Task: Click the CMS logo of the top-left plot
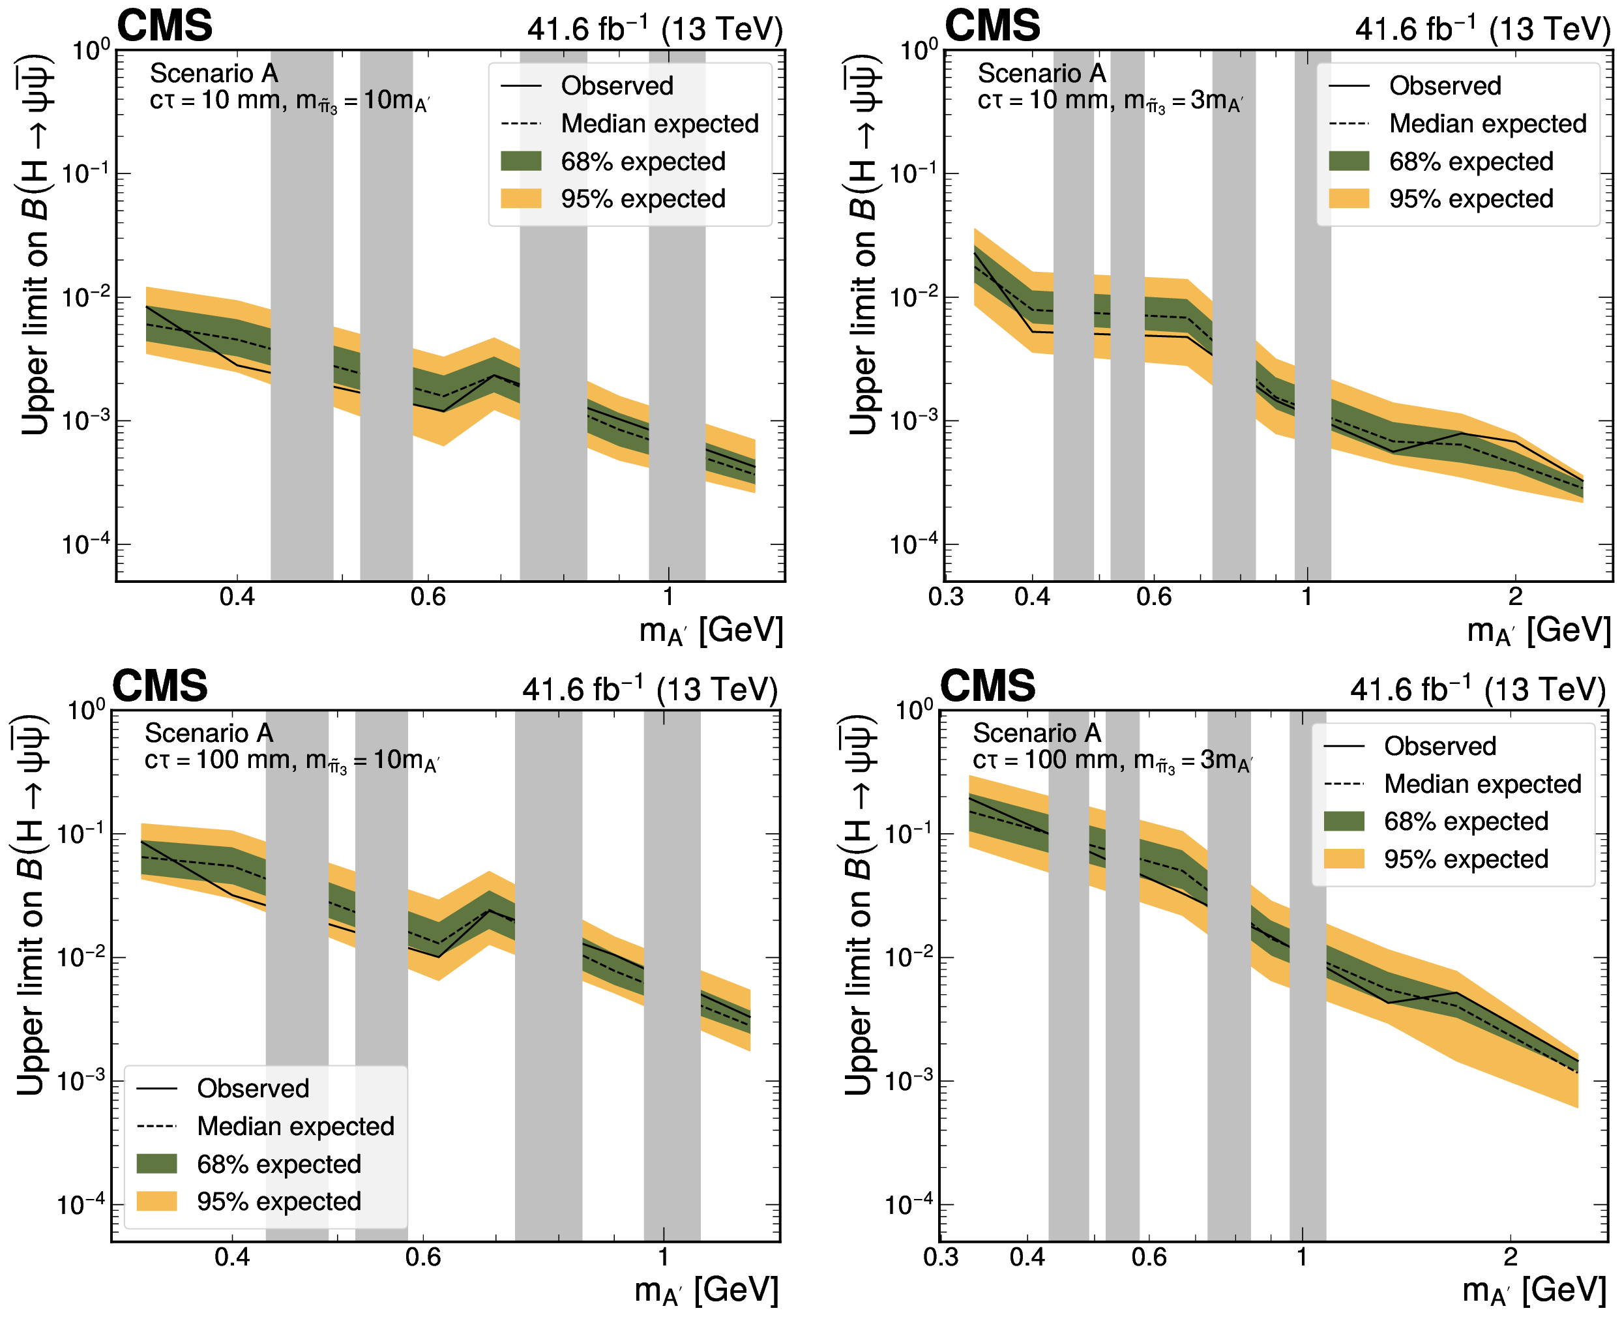tap(165, 26)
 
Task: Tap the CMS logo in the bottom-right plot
tap(987, 686)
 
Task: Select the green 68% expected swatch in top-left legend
tap(521, 162)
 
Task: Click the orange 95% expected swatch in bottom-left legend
tap(156, 1201)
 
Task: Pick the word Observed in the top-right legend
tap(1445, 85)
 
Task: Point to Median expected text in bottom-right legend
tap(1482, 784)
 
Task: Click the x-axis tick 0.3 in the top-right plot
tap(946, 597)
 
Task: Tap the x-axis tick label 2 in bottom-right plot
tap(1510, 1257)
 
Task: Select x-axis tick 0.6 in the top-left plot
tap(428, 597)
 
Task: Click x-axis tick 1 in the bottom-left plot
tap(663, 1257)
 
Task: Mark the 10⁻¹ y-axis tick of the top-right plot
tap(913, 173)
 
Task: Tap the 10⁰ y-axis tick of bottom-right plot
tap(913, 711)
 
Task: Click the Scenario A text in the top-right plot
tap(1042, 74)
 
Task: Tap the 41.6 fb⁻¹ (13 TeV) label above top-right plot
tap(1482, 29)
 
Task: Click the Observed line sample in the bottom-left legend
tap(156, 1089)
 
